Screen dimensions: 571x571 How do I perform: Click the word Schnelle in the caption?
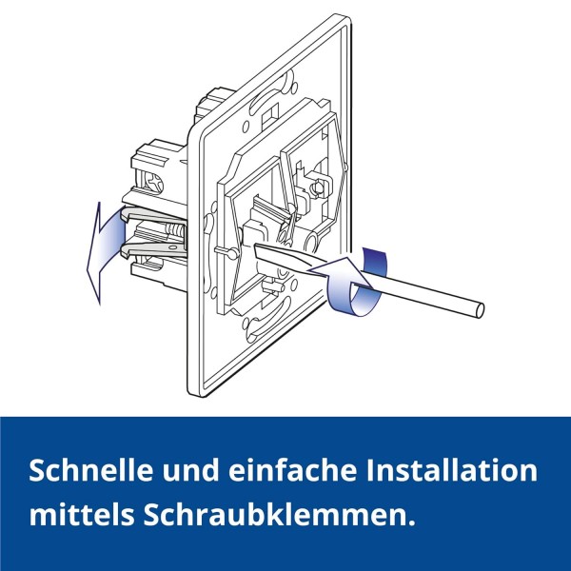(91, 470)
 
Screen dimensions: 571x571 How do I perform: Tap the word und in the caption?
(191, 470)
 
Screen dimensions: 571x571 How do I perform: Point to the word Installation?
(451, 470)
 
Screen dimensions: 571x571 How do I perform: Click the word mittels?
(82, 514)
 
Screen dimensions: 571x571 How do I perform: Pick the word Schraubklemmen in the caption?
(274, 514)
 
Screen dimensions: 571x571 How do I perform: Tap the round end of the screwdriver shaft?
(480, 312)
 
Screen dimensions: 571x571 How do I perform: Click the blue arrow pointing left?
(106, 251)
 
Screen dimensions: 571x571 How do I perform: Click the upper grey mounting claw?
(153, 215)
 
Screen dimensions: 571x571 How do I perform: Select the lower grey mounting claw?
(153, 248)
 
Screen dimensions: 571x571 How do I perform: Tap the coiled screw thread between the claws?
(174, 231)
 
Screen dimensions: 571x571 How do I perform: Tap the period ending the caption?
(410, 522)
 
